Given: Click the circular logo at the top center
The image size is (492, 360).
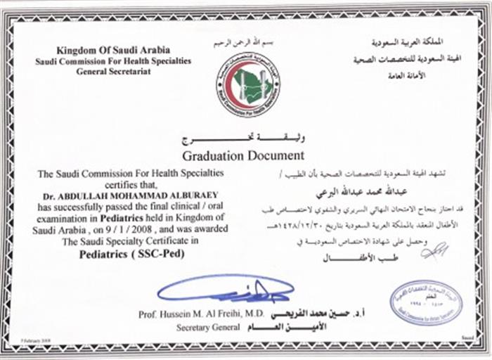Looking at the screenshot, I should [x=246, y=84].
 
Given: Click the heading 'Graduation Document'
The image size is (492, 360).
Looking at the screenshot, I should [x=243, y=155].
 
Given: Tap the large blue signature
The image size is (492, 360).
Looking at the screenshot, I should [x=224, y=288].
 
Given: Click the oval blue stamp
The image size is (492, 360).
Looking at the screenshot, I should [x=426, y=302].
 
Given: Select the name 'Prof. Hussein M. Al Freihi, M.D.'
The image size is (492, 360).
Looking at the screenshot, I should [x=192, y=314].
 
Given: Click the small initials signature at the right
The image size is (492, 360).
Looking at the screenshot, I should [x=434, y=249].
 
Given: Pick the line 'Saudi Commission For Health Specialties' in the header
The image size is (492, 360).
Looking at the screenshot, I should [x=112, y=61].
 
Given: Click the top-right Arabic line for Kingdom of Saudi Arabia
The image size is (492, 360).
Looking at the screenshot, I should [x=411, y=43].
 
